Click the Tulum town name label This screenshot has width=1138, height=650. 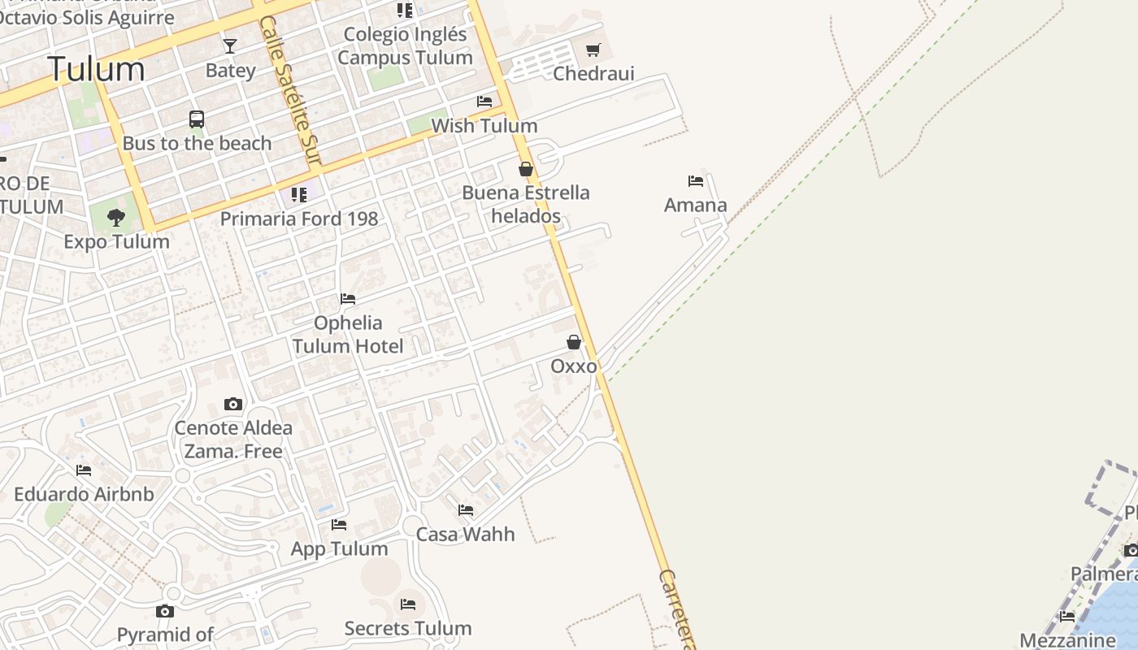pyautogui.click(x=96, y=69)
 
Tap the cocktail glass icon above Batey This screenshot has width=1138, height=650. pyautogui.click(x=230, y=46)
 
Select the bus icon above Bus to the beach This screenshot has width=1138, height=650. pyautogui.click(x=197, y=119)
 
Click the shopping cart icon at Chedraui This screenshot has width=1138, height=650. pyautogui.click(x=593, y=50)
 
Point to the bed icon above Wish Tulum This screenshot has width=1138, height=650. pyautogui.click(x=484, y=102)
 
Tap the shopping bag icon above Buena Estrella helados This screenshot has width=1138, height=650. pyautogui.click(x=526, y=169)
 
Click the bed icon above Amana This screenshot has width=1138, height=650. pyautogui.click(x=696, y=181)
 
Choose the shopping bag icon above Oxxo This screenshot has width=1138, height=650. pyautogui.click(x=574, y=342)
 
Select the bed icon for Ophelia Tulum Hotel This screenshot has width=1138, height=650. pyautogui.click(x=348, y=299)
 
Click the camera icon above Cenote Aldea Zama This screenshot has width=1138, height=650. pyautogui.click(x=233, y=404)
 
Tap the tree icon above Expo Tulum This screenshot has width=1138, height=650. pyautogui.click(x=116, y=217)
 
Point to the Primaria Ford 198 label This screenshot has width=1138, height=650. pyautogui.click(x=299, y=219)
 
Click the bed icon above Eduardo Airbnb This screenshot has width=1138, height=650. pyautogui.click(x=84, y=470)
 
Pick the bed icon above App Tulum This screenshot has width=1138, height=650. pyautogui.click(x=339, y=525)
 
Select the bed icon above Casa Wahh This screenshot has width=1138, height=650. pyautogui.click(x=466, y=510)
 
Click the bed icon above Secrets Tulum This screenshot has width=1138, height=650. pyautogui.click(x=408, y=604)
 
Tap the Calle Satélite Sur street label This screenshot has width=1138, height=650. pyautogui.click(x=290, y=89)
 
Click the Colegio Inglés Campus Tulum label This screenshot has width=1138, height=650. pyautogui.click(x=405, y=45)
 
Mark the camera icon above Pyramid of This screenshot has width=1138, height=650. pyautogui.click(x=165, y=611)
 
